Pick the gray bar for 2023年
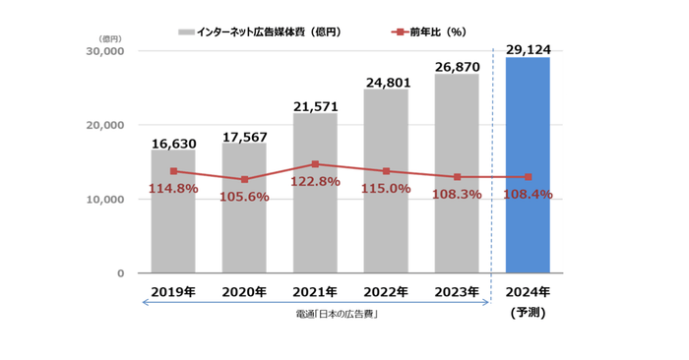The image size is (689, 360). (457, 226)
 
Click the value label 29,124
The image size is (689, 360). (528, 47)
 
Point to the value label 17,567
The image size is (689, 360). (244, 136)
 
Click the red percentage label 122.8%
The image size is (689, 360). (315, 182)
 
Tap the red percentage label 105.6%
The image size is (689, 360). (244, 196)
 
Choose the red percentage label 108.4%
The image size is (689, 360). (527, 195)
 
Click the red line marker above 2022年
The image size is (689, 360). (386, 171)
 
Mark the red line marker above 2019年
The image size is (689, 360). (173, 171)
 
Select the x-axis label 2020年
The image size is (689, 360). (244, 292)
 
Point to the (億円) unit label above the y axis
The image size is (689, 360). (109, 37)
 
